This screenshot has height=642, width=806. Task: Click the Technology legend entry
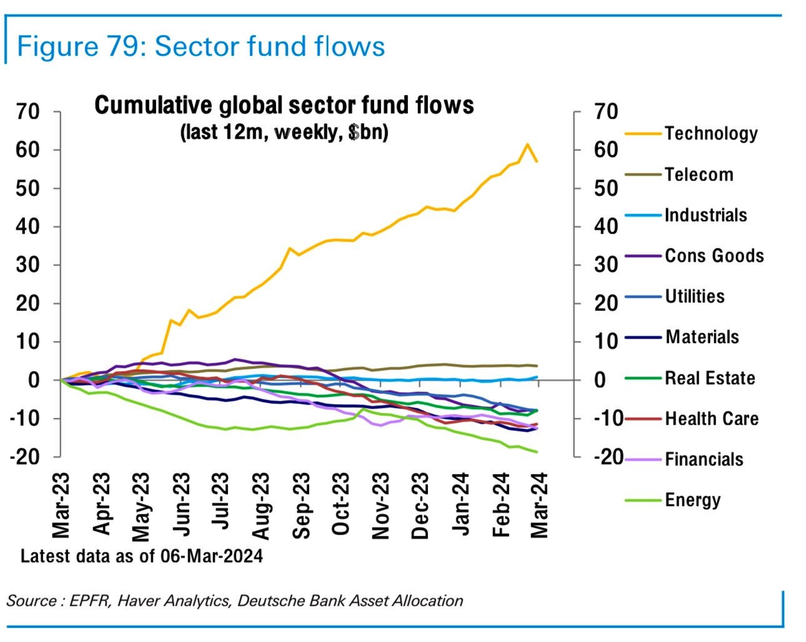pyautogui.click(x=710, y=134)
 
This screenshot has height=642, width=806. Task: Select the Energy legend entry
pyautogui.click(x=692, y=500)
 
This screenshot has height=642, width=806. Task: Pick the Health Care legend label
pyautogui.click(x=711, y=418)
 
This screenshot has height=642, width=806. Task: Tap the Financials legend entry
pyautogui.click(x=704, y=460)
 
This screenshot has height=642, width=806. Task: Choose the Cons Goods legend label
pyautogui.click(x=714, y=256)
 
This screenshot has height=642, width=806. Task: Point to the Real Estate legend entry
pyautogui.click(x=709, y=378)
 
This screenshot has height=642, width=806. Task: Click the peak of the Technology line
pyautogui.click(x=527, y=145)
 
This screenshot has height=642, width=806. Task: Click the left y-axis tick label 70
pyautogui.click(x=28, y=112)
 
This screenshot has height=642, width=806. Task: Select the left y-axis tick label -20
pyautogui.click(x=24, y=457)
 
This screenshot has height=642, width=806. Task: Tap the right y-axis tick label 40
pyautogui.click(x=605, y=227)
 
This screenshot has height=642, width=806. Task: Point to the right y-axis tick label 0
pyautogui.click(x=599, y=380)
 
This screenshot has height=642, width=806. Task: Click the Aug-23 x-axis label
pyautogui.click(x=261, y=505)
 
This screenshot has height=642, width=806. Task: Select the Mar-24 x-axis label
pyautogui.click(x=539, y=505)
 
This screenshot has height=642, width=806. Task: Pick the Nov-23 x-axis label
pyautogui.click(x=380, y=505)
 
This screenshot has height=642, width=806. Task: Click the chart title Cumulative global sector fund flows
pyautogui.click(x=284, y=106)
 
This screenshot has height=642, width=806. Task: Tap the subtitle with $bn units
pyautogui.click(x=284, y=132)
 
